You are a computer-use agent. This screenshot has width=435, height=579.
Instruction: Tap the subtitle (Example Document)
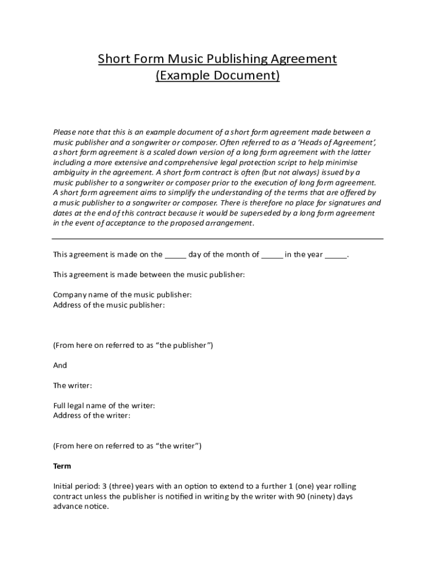[217, 75]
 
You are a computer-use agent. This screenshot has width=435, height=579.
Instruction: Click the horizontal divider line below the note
[217, 239]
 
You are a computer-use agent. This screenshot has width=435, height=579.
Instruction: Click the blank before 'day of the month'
[175, 255]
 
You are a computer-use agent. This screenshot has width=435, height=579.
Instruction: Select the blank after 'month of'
[272, 255]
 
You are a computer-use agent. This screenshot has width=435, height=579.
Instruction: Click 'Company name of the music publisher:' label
[122, 295]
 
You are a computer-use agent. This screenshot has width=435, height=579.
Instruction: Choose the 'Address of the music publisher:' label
[109, 305]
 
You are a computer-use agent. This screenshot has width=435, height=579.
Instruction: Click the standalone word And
[60, 365]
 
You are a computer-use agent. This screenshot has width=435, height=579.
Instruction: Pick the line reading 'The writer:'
[72, 386]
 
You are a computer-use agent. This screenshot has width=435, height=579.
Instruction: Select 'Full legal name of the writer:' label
[104, 405]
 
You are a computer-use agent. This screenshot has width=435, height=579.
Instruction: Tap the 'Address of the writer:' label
[92, 416]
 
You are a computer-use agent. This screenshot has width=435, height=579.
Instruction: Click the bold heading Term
[62, 466]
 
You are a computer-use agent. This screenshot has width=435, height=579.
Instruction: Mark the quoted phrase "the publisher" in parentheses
[183, 345]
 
